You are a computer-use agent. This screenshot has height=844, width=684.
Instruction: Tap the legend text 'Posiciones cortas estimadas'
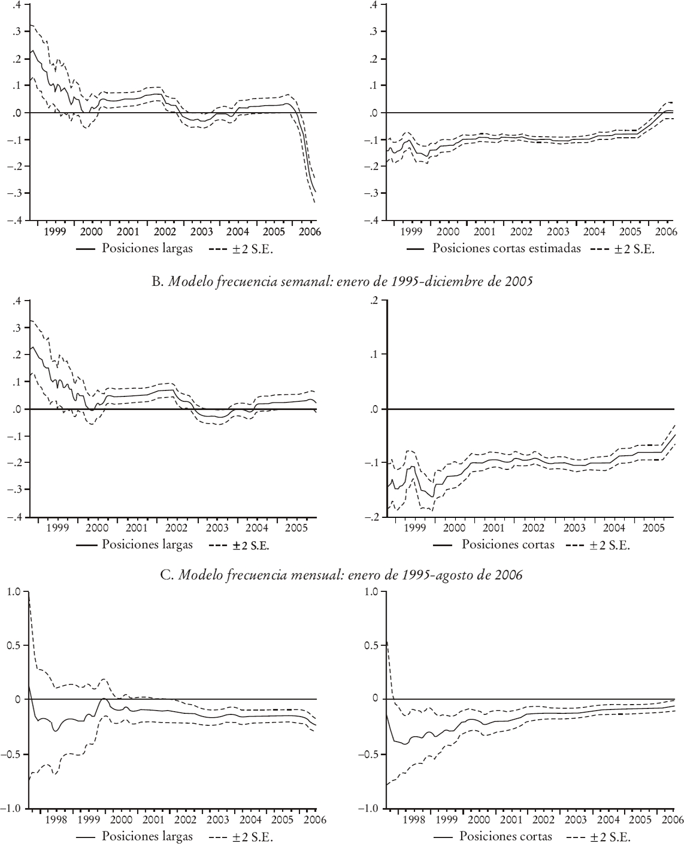tap(506, 248)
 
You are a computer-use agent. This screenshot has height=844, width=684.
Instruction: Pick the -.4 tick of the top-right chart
tap(372, 221)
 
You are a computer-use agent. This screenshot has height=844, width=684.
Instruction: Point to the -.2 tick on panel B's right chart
tap(372, 517)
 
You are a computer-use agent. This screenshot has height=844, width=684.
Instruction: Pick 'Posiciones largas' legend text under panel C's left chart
tap(147, 837)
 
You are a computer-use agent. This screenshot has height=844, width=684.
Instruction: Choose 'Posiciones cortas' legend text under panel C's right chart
tap(506, 837)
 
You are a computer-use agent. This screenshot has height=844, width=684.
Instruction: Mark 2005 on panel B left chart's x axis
tap(296, 528)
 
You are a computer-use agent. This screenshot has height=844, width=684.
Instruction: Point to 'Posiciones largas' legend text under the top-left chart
tap(147, 248)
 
